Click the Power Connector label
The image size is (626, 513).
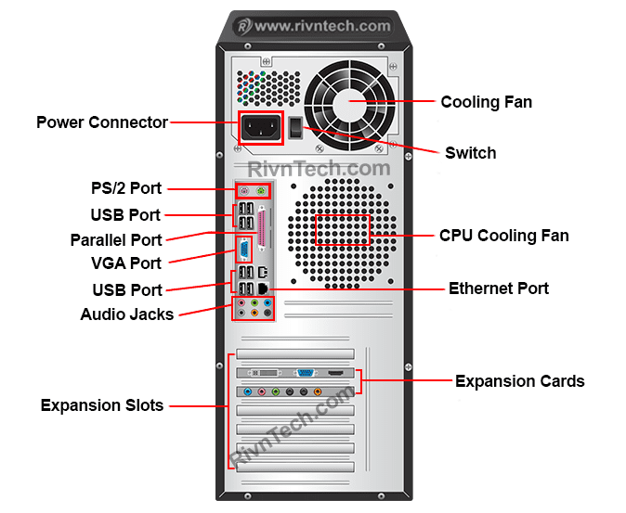pos(102,122)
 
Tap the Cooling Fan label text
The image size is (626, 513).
pos(486,102)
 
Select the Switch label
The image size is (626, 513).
pos(470,153)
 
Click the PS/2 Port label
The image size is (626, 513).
pos(126,188)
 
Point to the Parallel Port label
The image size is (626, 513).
pos(116,239)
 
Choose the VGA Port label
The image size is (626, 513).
pos(126,263)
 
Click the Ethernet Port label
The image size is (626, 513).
pos(498,289)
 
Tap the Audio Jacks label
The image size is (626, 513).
pos(127,314)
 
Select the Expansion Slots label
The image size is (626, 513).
pos(102,405)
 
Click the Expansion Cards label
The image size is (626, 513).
pos(519,381)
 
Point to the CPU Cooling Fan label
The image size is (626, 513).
pos(503,236)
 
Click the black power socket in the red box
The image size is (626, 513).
pos(261,128)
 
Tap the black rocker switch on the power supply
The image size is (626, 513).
pos(296,128)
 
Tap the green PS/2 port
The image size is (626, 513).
pos(263,192)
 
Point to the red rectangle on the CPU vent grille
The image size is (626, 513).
pos(343,229)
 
